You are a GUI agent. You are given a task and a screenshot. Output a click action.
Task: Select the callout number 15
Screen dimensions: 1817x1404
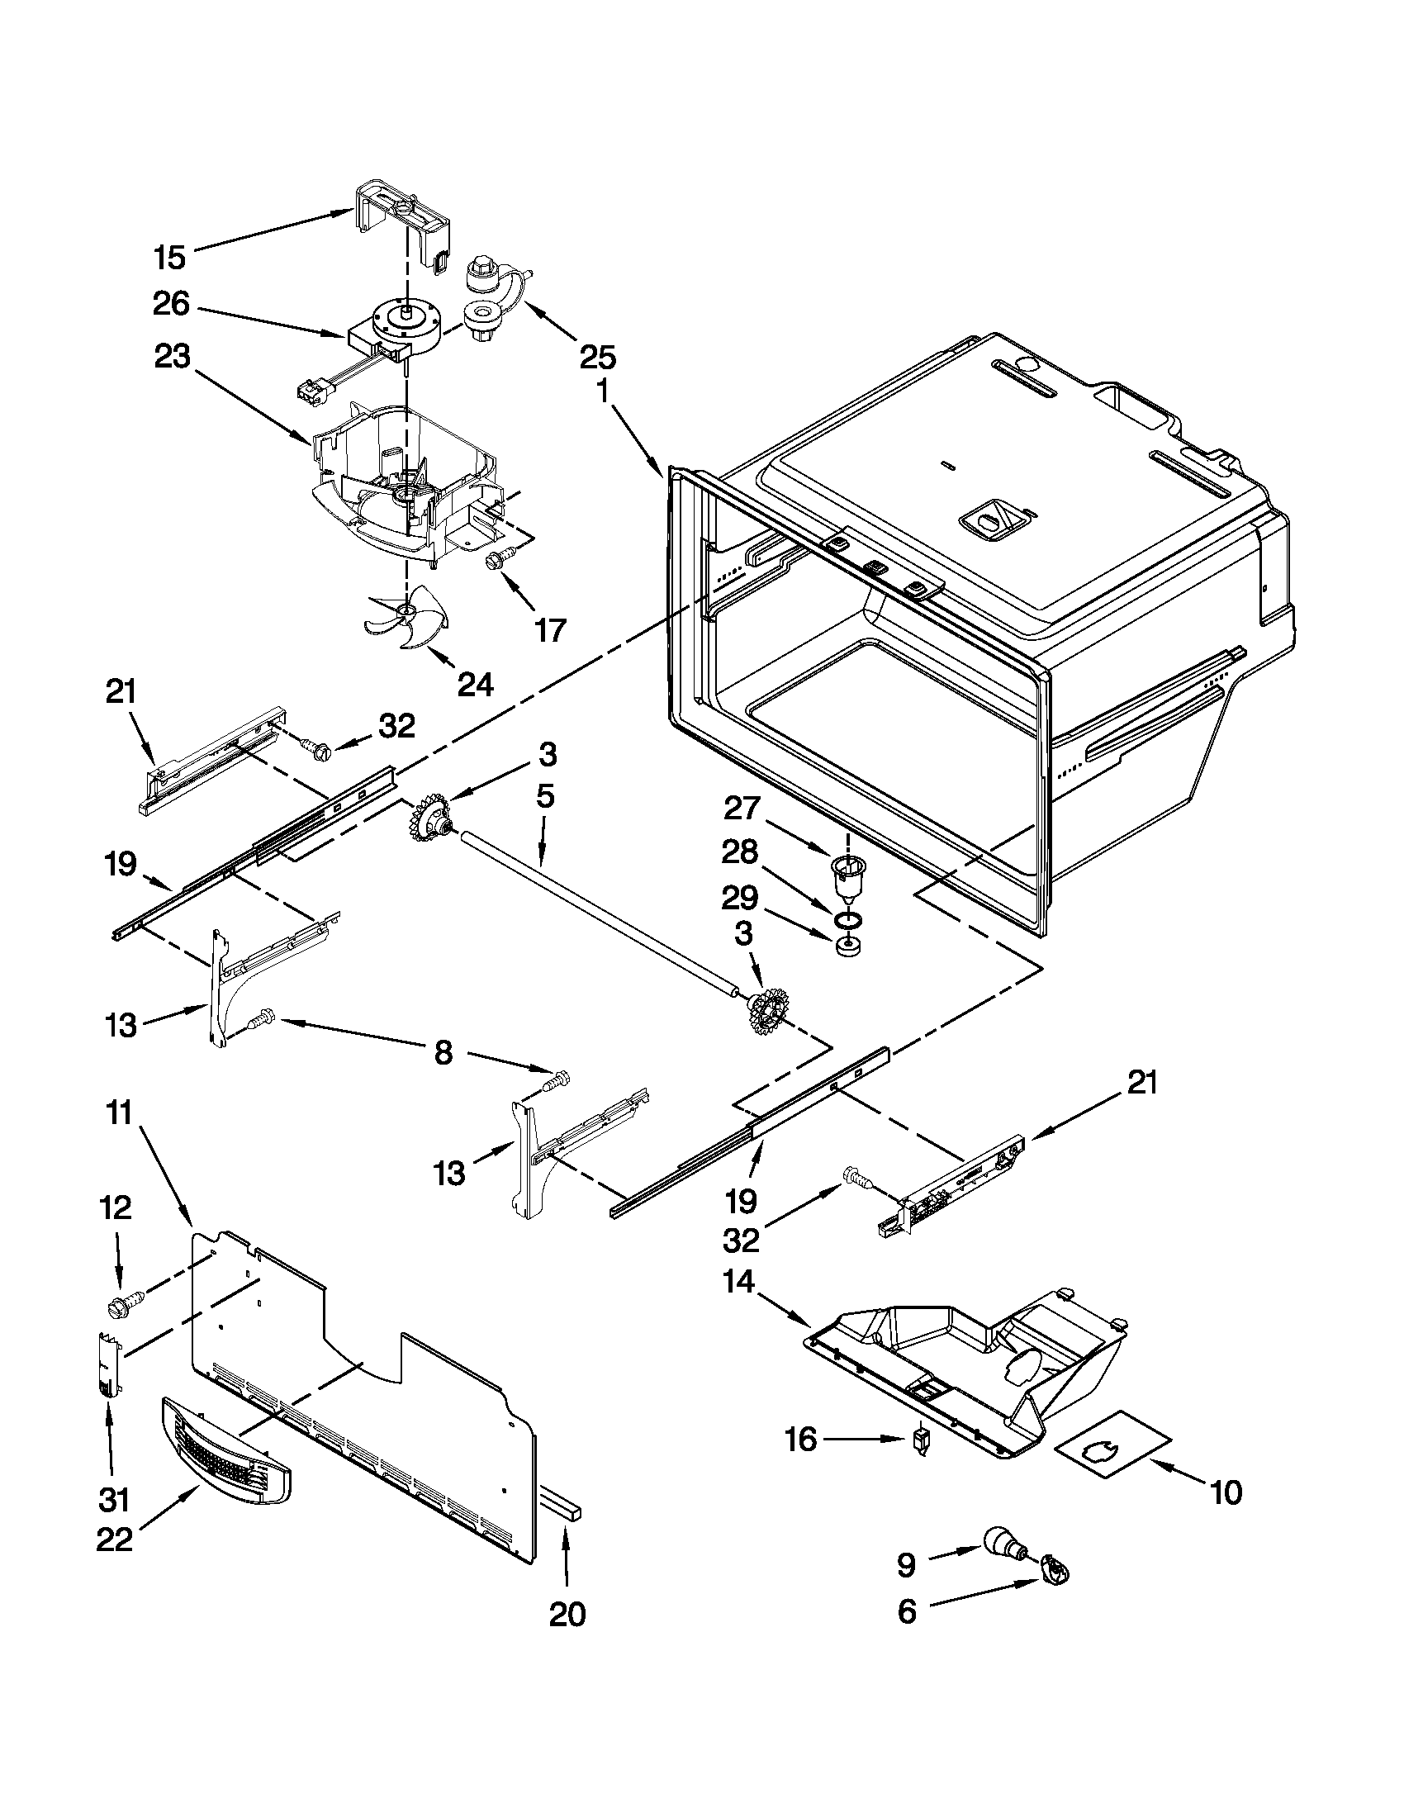pyautogui.click(x=169, y=257)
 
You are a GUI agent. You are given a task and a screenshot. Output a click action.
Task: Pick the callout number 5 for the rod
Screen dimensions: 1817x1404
pyautogui.click(x=545, y=796)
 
